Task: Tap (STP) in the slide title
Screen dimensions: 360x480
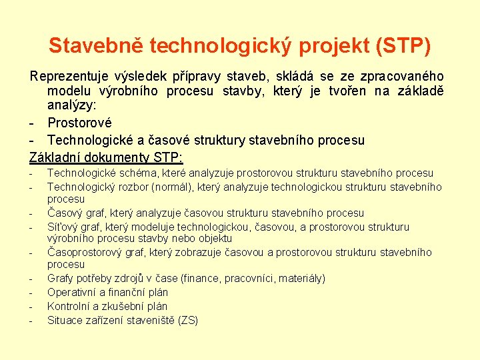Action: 403,46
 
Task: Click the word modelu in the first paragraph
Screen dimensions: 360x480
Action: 70,91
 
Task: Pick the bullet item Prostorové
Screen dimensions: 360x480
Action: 79,123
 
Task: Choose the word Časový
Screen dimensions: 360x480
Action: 64,213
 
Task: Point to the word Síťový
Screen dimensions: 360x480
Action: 63,227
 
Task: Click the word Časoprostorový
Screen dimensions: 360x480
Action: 85,253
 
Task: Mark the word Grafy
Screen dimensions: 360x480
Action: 61,279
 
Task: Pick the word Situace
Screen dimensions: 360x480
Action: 66,321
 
